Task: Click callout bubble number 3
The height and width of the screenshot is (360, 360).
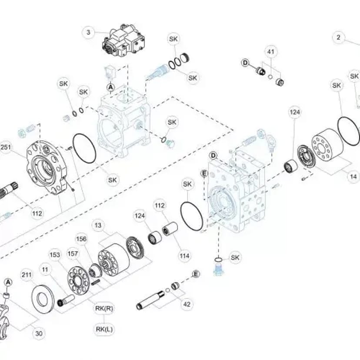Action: click(x=89, y=32)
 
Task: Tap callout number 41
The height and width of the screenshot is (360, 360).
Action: click(x=271, y=52)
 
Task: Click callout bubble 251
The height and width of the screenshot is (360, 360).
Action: click(x=6, y=147)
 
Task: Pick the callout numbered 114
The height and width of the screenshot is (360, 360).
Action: click(x=185, y=256)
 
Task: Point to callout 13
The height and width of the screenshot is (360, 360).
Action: click(x=98, y=225)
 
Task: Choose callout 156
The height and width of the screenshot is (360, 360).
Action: click(x=81, y=239)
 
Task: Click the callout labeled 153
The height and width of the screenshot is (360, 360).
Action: click(x=55, y=255)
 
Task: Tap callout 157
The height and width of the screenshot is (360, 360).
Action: click(x=73, y=254)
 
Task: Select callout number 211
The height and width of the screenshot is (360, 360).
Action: click(x=27, y=275)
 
